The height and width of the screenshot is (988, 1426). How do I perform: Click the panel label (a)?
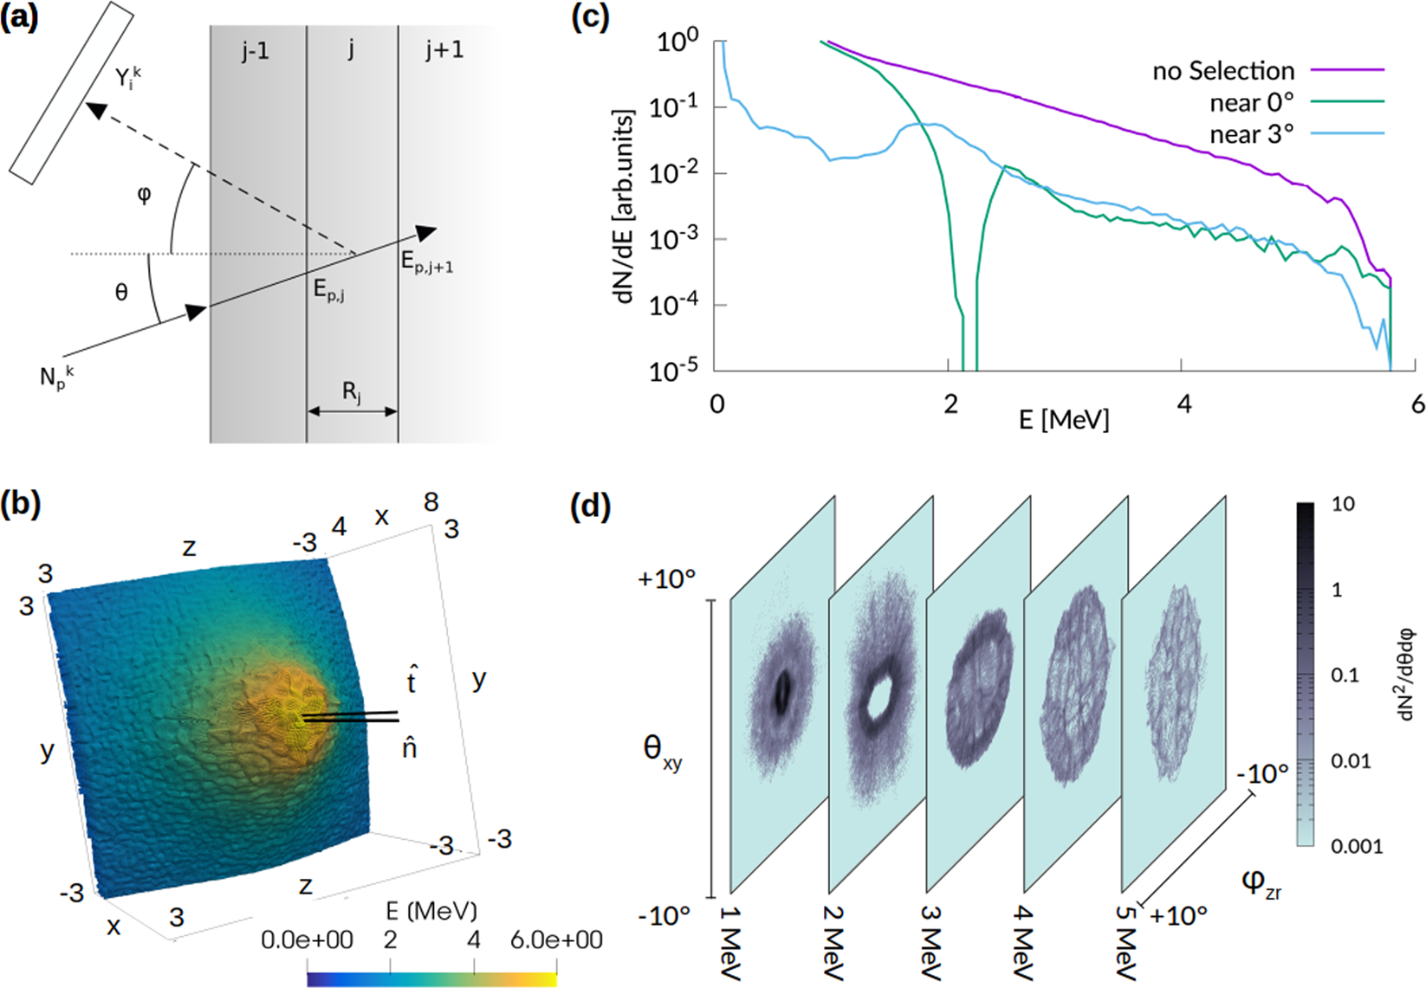(x=19, y=18)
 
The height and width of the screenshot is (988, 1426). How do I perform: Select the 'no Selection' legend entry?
(x=1222, y=71)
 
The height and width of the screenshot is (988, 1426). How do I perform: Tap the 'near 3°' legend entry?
(x=1251, y=134)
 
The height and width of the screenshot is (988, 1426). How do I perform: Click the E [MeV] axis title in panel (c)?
(x=1063, y=420)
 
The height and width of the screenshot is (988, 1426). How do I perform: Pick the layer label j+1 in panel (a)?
(x=444, y=50)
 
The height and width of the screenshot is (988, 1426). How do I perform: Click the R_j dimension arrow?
(x=352, y=411)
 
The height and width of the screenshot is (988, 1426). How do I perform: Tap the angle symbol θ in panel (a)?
(x=121, y=293)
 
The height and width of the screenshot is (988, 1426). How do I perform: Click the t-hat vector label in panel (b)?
(x=412, y=680)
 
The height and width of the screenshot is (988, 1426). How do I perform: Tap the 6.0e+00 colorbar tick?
(x=556, y=940)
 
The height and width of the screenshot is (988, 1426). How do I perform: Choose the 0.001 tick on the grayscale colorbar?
(x=1357, y=846)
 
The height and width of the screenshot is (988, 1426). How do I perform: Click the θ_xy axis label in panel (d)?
(x=662, y=750)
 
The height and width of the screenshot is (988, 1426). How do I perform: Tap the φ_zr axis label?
(x=1261, y=883)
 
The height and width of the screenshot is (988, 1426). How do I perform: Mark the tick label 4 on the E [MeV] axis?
(x=1183, y=404)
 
